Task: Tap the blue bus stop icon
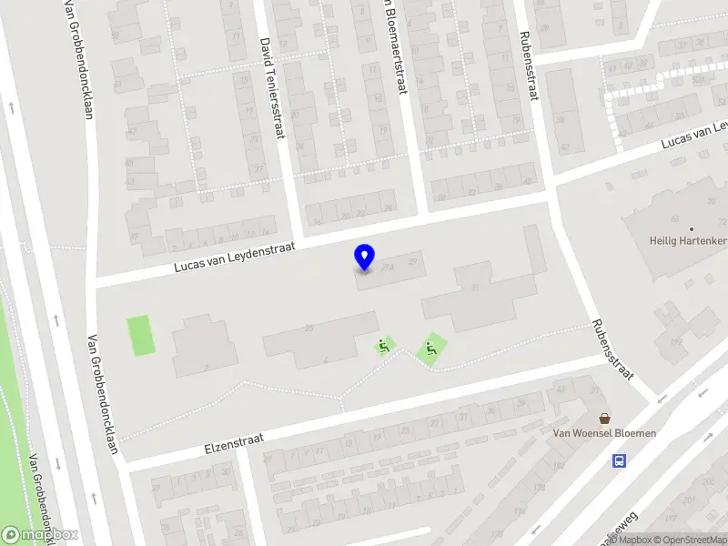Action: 620,460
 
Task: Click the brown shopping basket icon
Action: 604,418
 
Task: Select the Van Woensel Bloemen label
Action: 604,433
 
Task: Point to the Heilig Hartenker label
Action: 688,241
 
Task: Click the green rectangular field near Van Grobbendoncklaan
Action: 140,336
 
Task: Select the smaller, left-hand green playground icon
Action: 385,346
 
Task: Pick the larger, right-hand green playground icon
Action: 431,348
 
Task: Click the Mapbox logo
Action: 40,535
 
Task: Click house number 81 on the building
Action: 475,290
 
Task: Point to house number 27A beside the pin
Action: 389,267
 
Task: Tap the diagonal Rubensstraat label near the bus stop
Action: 612,349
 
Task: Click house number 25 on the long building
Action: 309,328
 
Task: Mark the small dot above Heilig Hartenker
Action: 691,229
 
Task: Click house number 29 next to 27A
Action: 414,262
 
